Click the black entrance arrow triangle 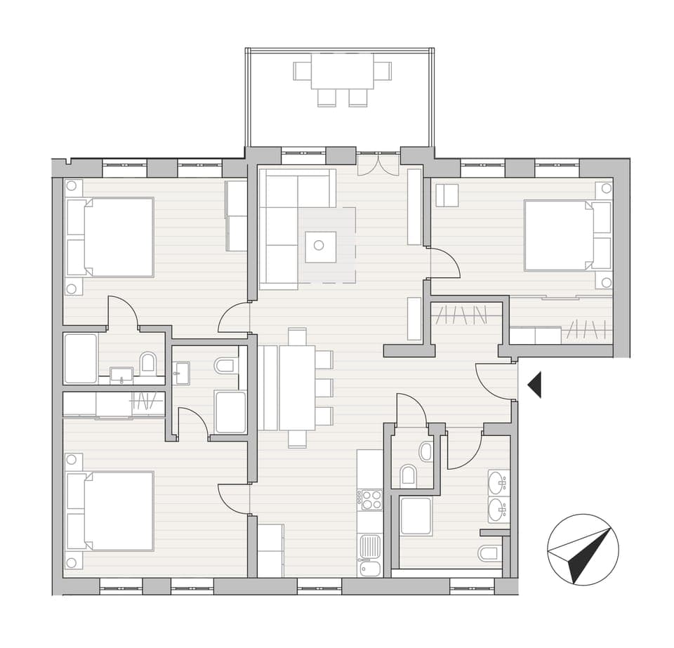point(536,385)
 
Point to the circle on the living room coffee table point(319,245)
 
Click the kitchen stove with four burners point(370,500)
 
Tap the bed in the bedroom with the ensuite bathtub point(110,237)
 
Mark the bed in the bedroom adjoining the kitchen point(110,510)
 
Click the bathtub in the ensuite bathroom point(80,359)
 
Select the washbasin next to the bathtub point(122,374)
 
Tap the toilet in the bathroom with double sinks point(489,553)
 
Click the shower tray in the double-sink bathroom point(416,516)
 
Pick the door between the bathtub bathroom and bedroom point(123,312)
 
